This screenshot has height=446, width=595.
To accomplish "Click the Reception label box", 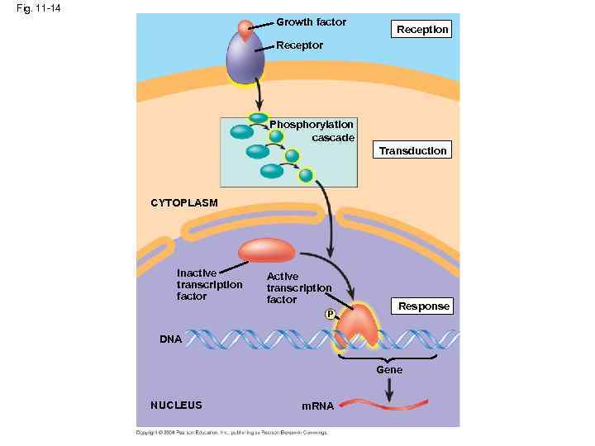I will [x=422, y=30].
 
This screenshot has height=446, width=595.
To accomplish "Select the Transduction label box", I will [x=412, y=150].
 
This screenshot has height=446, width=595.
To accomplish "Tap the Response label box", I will [x=423, y=306].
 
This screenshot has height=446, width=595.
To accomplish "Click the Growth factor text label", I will [x=311, y=22].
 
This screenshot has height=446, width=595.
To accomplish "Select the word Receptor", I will [x=299, y=45].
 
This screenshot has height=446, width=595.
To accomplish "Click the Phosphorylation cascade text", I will [x=318, y=130].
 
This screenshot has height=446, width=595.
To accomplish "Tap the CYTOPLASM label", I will [x=183, y=202].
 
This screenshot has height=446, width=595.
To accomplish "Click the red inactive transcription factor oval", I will [x=265, y=250].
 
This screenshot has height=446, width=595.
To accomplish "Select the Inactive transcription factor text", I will [x=209, y=284].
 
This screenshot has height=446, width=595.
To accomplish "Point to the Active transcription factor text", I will [x=298, y=288].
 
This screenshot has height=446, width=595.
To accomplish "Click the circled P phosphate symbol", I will [x=331, y=315].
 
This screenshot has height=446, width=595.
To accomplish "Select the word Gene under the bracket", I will [x=389, y=370].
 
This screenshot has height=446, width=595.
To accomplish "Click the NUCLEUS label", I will [x=176, y=405].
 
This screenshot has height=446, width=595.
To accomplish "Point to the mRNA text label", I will [x=317, y=406].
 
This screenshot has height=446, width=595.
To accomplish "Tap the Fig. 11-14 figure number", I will [x=32, y=8].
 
